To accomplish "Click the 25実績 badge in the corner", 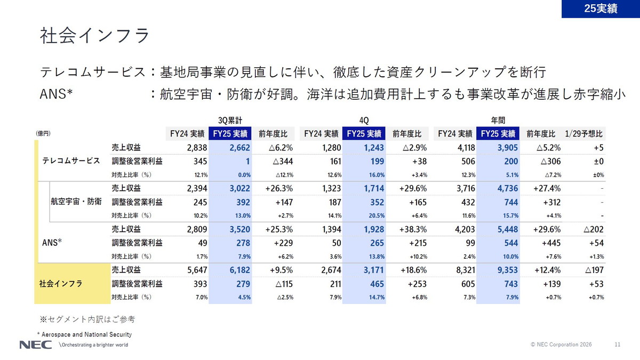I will pyautogui.click(x=601, y=9).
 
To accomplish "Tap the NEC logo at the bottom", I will pyautogui.click(x=36, y=345).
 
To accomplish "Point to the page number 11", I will pyautogui.click(x=618, y=345).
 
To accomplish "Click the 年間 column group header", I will pyautogui.click(x=498, y=119).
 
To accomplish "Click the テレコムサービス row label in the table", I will pyautogui.click(x=71, y=161).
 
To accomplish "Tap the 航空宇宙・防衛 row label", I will pyautogui.click(x=76, y=202).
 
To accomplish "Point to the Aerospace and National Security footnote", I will pyautogui.click(x=84, y=334).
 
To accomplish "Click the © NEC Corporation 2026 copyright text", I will pyautogui.click(x=561, y=345).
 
